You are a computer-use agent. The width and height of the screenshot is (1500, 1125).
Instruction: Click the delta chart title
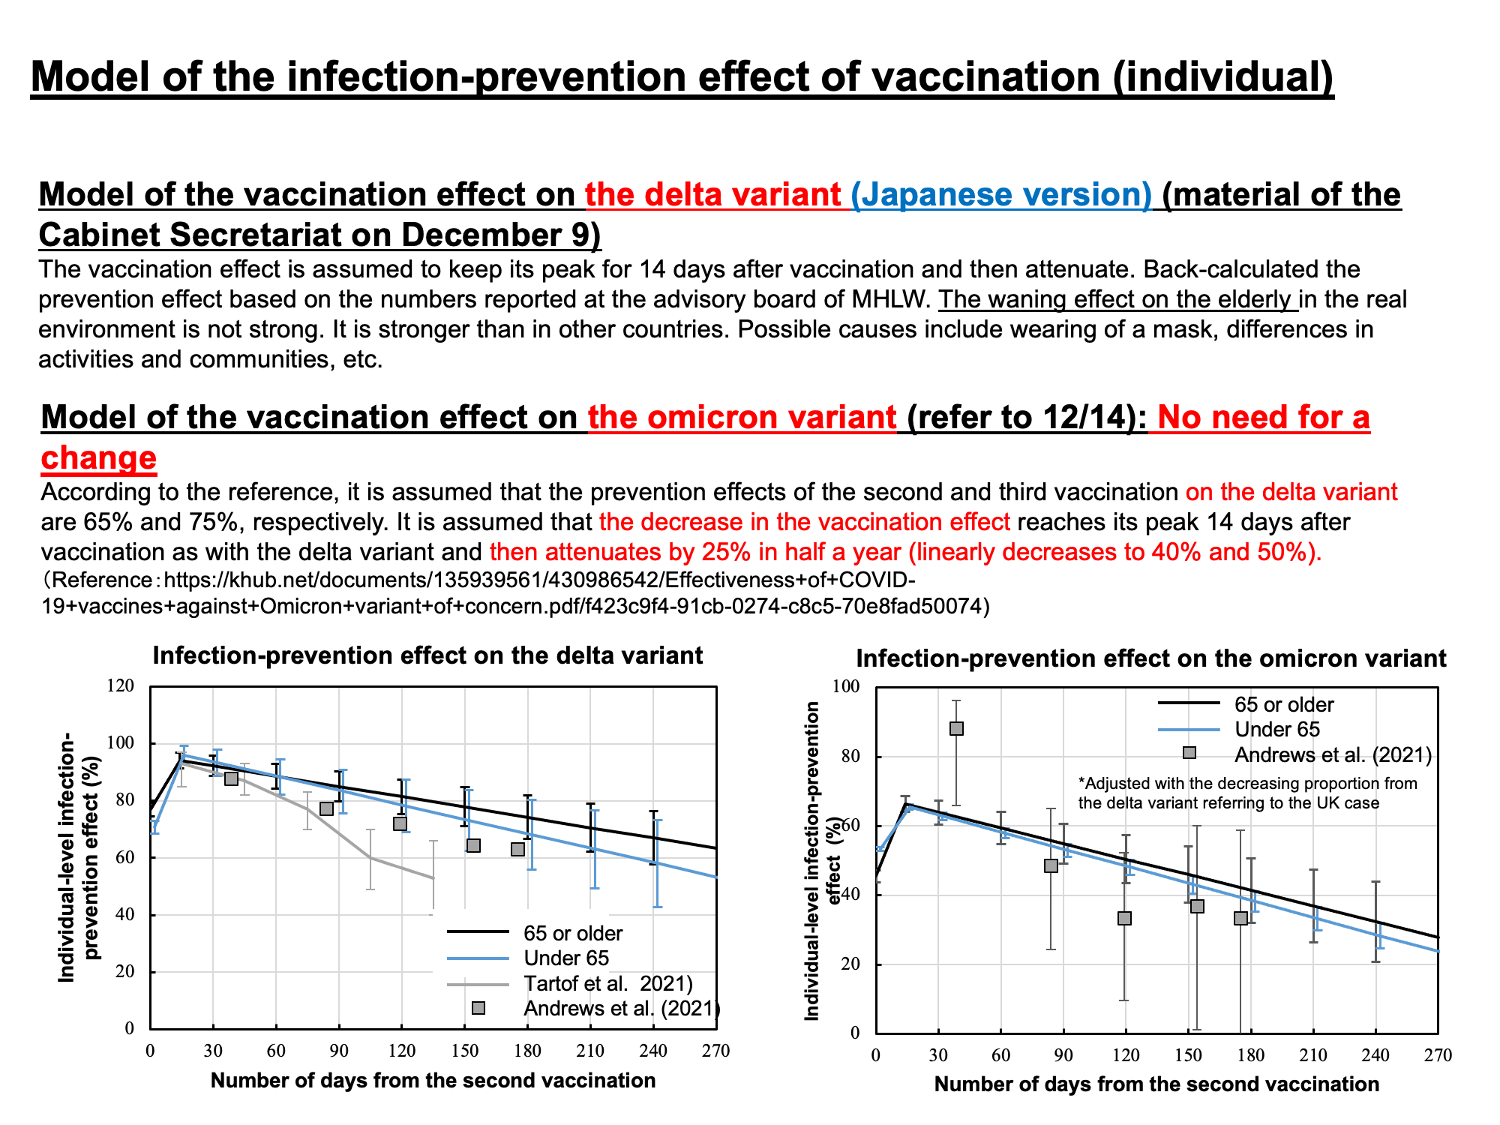point(427,655)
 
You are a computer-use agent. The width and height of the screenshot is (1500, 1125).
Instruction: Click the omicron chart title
point(1150,658)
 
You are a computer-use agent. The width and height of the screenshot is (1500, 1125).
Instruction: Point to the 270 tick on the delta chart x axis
point(716,1051)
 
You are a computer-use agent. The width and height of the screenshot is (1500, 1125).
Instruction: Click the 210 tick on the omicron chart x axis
point(1312,1055)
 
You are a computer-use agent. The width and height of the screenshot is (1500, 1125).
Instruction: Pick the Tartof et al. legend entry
point(607,983)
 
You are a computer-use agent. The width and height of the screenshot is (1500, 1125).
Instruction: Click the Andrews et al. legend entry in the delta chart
point(621,1008)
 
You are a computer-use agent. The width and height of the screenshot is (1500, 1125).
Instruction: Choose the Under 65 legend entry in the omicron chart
point(1276,730)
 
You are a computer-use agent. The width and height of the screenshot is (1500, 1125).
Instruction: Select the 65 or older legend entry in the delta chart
point(573,933)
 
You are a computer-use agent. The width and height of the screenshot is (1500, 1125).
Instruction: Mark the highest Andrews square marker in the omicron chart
point(956,728)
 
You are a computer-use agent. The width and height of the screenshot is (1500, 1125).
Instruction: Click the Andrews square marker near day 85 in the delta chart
point(326,808)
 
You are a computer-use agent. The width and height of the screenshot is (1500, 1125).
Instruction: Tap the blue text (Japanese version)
point(1001,195)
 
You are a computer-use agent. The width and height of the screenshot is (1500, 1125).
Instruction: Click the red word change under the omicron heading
point(99,457)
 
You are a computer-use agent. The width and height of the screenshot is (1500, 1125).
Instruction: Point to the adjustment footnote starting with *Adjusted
point(1247,793)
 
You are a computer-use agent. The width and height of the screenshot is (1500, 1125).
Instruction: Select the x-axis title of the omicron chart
point(1156,1084)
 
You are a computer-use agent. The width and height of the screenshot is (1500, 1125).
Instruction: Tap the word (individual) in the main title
point(1222,78)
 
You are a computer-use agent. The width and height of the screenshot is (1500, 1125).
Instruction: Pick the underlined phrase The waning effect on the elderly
point(1117,299)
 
